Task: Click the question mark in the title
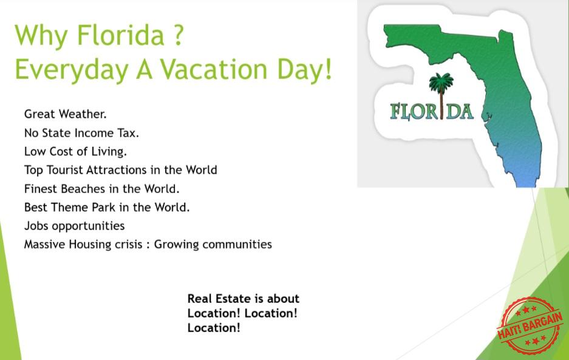click(x=178, y=35)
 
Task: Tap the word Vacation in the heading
click(x=214, y=69)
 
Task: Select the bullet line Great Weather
click(x=66, y=114)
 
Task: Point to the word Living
click(x=109, y=152)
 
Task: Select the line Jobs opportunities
click(x=75, y=226)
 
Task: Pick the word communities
click(x=237, y=244)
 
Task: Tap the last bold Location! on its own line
click(x=214, y=328)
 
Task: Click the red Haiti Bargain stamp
click(x=530, y=326)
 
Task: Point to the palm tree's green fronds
click(x=441, y=82)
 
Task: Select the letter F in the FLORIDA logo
click(x=395, y=112)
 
